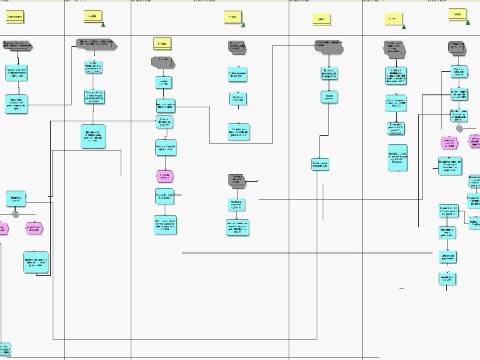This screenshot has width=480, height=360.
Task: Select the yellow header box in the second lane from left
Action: click(93, 15)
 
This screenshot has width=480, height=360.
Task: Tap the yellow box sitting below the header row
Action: click(161, 43)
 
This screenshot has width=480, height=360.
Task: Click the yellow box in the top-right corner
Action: click(457, 14)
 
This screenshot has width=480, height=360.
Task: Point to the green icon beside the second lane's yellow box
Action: click(103, 24)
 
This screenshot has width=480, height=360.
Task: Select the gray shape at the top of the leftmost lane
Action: click(18, 45)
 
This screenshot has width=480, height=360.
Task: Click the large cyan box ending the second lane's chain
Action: click(94, 136)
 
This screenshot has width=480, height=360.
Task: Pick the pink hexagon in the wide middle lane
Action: click(165, 176)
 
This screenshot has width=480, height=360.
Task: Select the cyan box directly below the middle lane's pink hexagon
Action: click(165, 196)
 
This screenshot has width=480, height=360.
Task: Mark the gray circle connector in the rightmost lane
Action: click(459, 128)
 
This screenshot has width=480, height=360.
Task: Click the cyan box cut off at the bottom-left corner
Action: click(5, 350)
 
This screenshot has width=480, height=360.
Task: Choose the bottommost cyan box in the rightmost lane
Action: click(448, 278)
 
